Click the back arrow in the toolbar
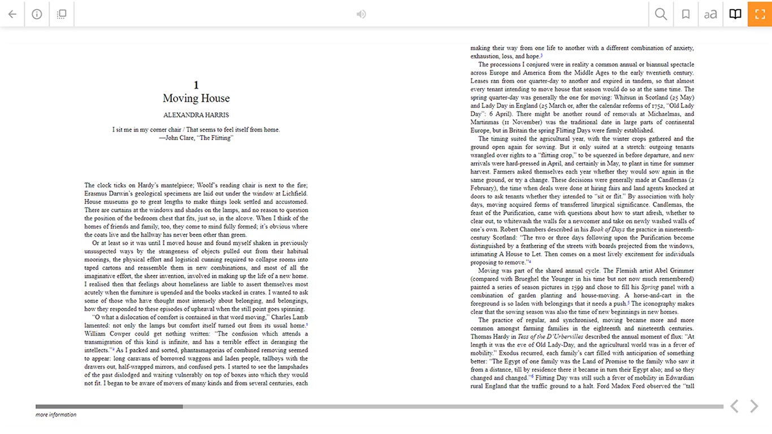(12, 14)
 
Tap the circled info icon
(37, 14)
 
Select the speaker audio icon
(361, 14)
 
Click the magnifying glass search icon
(661, 14)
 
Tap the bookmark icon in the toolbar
(686, 14)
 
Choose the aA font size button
(710, 14)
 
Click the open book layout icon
(735, 14)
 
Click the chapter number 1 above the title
(196, 85)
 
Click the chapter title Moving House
(196, 98)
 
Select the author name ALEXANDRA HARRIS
(196, 115)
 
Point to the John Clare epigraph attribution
(196, 138)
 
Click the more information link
(56, 415)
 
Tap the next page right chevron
(754, 406)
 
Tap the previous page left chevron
(734, 406)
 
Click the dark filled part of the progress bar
(109, 406)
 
